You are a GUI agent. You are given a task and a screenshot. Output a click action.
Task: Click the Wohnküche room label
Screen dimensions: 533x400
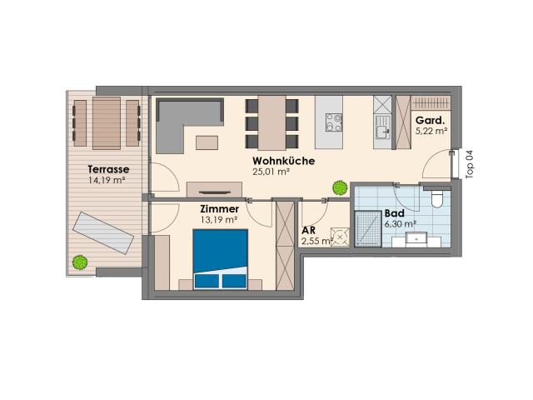pyautogui.click(x=283, y=161)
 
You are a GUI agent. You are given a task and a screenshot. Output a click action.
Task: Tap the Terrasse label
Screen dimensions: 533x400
pyautogui.click(x=108, y=169)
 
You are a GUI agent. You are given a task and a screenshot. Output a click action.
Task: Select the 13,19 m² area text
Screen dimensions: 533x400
pyautogui.click(x=219, y=220)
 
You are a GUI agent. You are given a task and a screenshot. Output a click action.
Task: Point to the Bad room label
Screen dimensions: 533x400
pyautogui.click(x=394, y=213)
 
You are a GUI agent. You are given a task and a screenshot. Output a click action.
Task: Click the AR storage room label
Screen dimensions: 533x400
pyautogui.click(x=308, y=230)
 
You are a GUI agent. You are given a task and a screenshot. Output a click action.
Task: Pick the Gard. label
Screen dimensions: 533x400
pyautogui.click(x=430, y=120)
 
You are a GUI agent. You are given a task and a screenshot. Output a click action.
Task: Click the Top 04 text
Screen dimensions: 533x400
pyautogui.click(x=470, y=164)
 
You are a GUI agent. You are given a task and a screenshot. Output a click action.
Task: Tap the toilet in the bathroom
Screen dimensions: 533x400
pyautogui.click(x=436, y=198)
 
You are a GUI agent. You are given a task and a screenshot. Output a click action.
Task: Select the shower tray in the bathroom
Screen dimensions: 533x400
pyautogui.click(x=368, y=228)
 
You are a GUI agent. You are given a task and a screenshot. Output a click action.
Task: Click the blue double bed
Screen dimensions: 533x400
pyautogui.click(x=220, y=259)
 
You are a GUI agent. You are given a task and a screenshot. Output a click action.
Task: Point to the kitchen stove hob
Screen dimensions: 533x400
pyautogui.click(x=333, y=122)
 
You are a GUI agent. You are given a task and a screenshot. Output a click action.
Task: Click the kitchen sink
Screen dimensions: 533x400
pyautogui.click(x=383, y=127)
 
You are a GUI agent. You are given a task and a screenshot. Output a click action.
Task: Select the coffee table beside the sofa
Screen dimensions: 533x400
pyautogui.click(x=207, y=142)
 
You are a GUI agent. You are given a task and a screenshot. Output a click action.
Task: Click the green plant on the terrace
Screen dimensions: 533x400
pyautogui.click(x=80, y=262)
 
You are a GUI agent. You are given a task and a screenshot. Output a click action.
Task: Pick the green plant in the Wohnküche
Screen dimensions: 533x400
pyautogui.click(x=340, y=187)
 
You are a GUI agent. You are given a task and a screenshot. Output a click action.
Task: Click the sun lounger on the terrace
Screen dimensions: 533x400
pyautogui.click(x=103, y=232)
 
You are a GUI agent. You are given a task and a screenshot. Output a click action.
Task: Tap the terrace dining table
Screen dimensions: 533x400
pyautogui.click(x=107, y=123)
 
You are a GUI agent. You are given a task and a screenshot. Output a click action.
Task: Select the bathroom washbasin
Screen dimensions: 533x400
pyautogui.click(x=416, y=239)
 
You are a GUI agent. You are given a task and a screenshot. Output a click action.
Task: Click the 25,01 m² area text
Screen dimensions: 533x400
pyautogui.click(x=271, y=172)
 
